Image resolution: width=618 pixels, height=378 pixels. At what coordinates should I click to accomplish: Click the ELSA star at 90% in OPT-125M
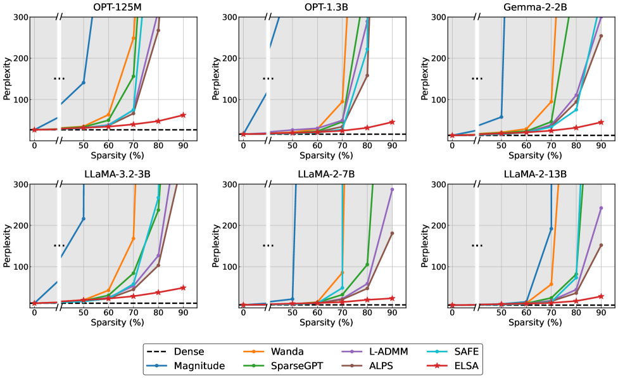183,115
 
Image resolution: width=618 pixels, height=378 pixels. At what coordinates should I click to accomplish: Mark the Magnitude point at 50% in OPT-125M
83,82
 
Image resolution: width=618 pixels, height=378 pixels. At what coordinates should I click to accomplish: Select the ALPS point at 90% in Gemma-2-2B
601,36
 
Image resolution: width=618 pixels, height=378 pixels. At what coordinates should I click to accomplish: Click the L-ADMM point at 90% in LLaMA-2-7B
392,189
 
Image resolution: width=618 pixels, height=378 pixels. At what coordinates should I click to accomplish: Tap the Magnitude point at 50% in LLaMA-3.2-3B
83,218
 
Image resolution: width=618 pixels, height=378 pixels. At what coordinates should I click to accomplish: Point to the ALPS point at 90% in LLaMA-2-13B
601,245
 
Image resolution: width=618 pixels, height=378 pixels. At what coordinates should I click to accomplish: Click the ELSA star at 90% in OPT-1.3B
392,122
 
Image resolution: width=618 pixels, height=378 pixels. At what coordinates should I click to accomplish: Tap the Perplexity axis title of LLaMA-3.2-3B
8,245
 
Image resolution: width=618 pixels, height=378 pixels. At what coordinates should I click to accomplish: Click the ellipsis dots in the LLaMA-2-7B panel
268,245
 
